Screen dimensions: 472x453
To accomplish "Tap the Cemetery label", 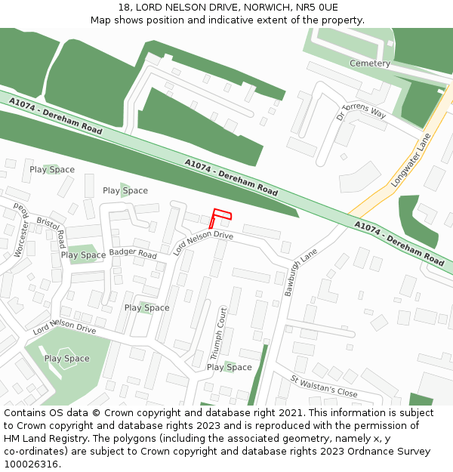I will pos(370,63).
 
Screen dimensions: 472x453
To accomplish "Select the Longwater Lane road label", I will pos(411,161).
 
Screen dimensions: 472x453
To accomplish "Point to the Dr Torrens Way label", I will pos(362,112).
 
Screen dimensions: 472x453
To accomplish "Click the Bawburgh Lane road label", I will pos(300,270).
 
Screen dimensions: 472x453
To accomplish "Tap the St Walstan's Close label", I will pos(324,386).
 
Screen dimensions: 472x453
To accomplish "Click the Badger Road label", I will pos(133,254).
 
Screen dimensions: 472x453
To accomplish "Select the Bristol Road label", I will pos(51,232).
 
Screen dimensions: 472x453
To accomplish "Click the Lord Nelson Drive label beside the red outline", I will pos(203,242).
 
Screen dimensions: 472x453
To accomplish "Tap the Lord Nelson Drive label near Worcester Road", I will pos(64,327).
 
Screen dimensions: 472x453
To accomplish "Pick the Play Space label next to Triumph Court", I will pos(230,368).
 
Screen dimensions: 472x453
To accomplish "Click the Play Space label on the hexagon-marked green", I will pos(66,359).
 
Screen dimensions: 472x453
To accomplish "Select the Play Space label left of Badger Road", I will pos(83,255).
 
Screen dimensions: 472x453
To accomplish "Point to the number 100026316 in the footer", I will pos(30,464).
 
